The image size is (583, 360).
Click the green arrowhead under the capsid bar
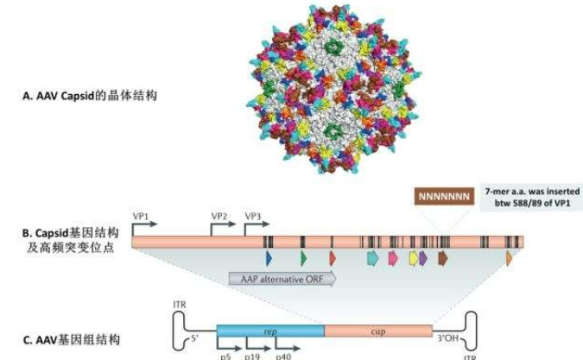coord(303,257)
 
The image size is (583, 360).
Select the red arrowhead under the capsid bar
coord(333,257)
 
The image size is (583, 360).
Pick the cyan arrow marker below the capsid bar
coord(373,257)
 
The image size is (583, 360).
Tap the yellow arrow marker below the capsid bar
coord(413,257)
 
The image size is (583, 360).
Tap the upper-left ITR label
coord(181,302)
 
